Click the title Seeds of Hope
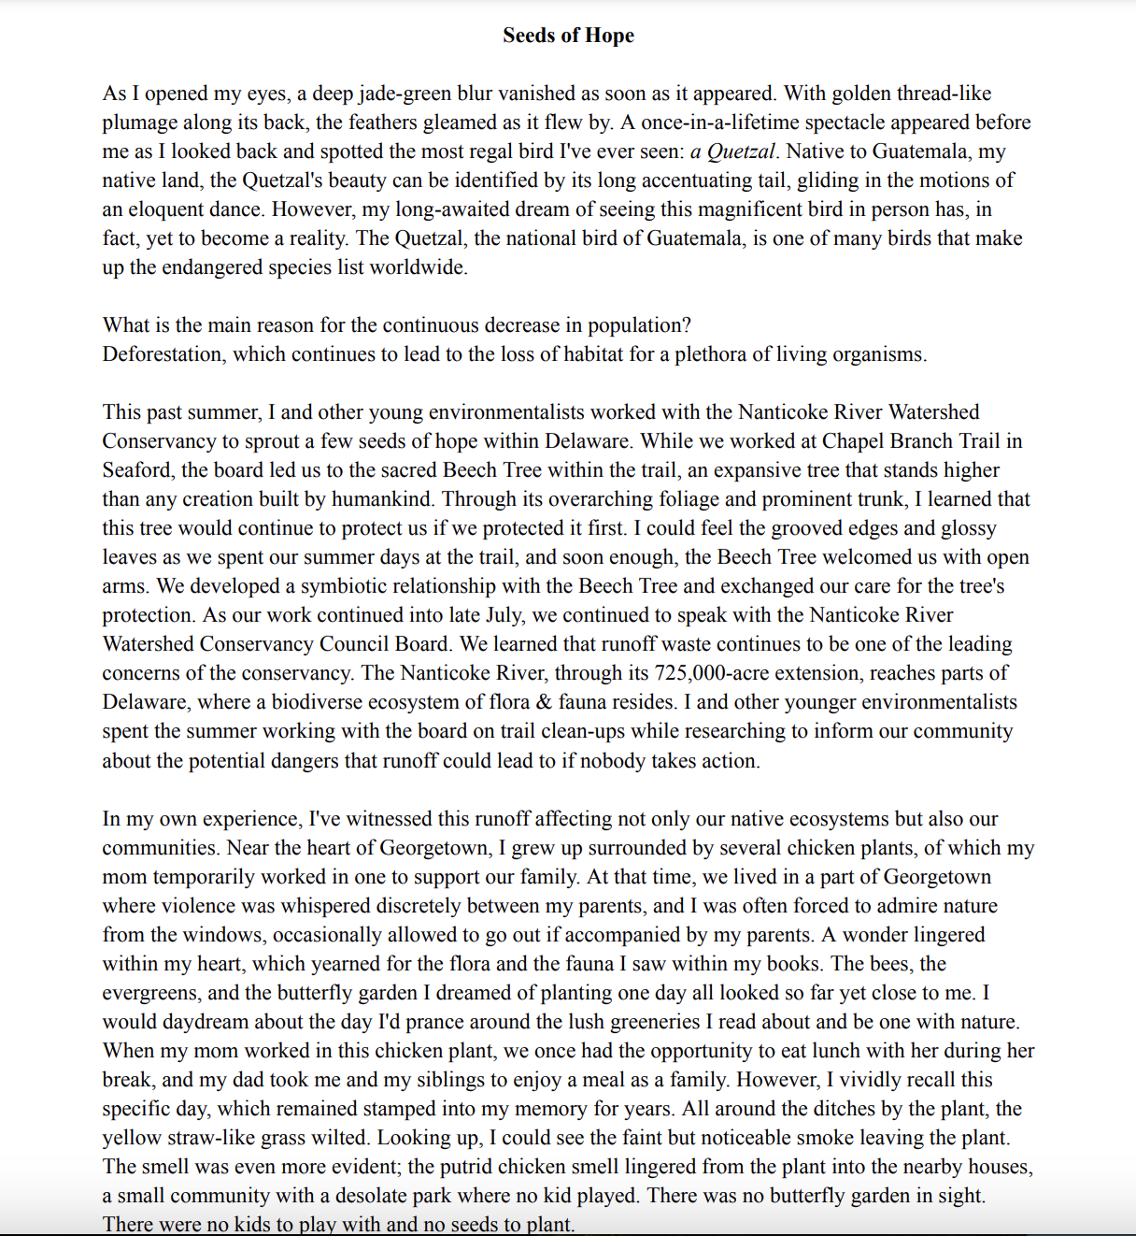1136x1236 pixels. (x=568, y=36)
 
